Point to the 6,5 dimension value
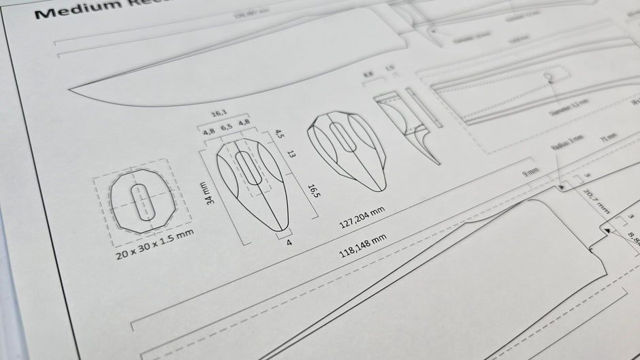[x=227, y=127]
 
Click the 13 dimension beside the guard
[x=292, y=154]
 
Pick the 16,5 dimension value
[x=314, y=191]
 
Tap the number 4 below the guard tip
[x=289, y=241]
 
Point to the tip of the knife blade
[x=72, y=89]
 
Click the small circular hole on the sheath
[x=547, y=78]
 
